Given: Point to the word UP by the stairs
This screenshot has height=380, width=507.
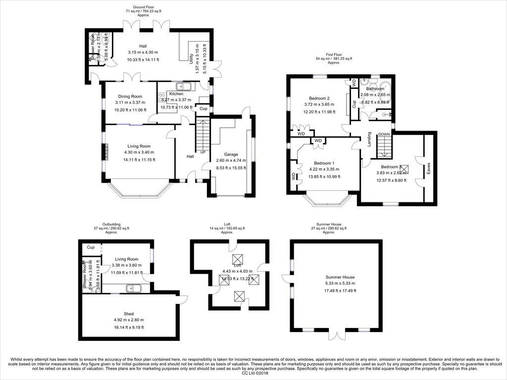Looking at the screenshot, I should (x=203, y=152).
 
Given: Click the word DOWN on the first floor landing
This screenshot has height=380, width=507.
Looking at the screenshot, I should (x=384, y=134).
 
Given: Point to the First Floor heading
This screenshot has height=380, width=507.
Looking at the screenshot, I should (x=335, y=54).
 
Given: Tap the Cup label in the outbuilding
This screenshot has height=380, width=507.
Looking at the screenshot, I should (x=91, y=247).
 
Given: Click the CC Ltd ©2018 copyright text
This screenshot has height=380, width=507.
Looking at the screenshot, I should (x=253, y=374).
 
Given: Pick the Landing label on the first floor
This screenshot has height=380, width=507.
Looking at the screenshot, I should (x=369, y=140).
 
